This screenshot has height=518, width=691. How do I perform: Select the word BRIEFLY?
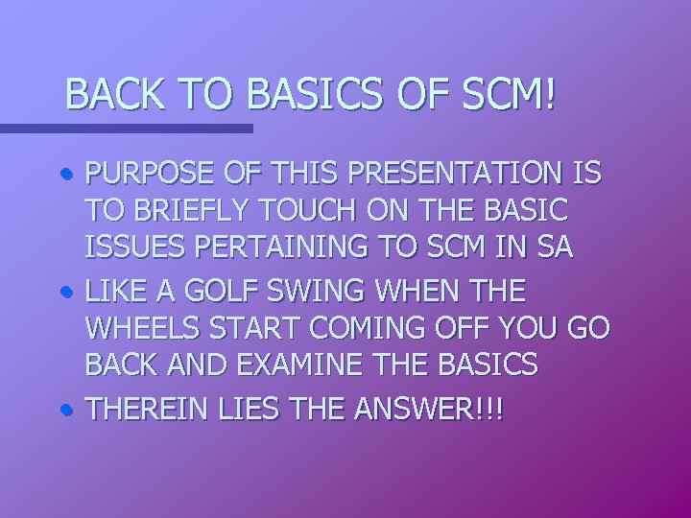[x=182, y=212]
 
